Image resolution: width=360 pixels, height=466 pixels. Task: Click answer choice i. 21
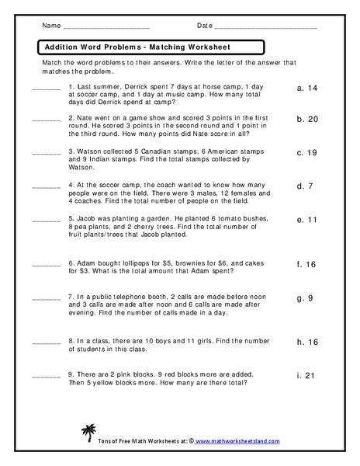(x=307, y=375)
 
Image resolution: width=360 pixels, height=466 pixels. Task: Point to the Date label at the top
(x=205, y=26)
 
